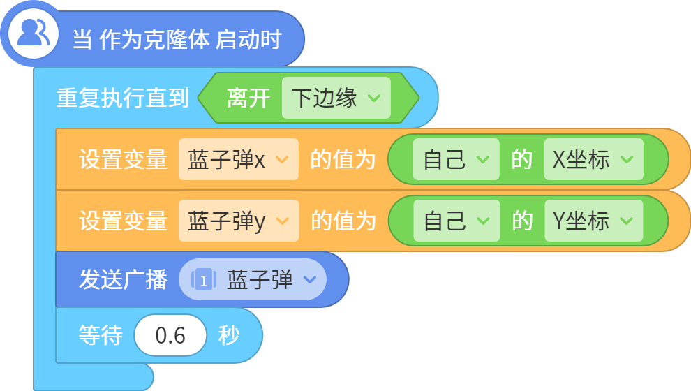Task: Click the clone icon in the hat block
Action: pyautogui.click(x=33, y=33)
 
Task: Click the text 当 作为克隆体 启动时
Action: pyautogui.click(x=177, y=39)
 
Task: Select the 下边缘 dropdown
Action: pyautogui.click(x=336, y=98)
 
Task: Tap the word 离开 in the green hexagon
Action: pyautogui.click(x=248, y=98)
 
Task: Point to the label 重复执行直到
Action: pyautogui.click(x=123, y=98)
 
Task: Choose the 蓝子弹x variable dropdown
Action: pyautogui.click(x=239, y=159)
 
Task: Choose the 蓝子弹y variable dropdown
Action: pyautogui.click(x=239, y=221)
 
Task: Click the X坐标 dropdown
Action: pyautogui.click(x=593, y=159)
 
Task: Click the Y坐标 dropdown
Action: pyautogui.click(x=593, y=221)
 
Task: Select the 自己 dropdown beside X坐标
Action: pyautogui.click(x=456, y=159)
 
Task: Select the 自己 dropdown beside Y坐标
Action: pyautogui.click(x=456, y=221)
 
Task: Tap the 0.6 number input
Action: pyautogui.click(x=170, y=335)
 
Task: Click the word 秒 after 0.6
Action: pyautogui.click(x=229, y=335)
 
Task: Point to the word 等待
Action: pyautogui.click(x=101, y=335)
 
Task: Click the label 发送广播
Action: pyautogui.click(x=123, y=279)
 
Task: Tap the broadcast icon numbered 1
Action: pyautogui.click(x=203, y=279)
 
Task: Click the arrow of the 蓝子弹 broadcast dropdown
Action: pyautogui.click(x=310, y=279)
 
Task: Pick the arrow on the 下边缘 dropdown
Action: pyautogui.click(x=374, y=98)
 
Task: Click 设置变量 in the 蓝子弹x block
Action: pyautogui.click(x=123, y=159)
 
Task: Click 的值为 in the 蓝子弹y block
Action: pyautogui.click(x=343, y=221)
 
